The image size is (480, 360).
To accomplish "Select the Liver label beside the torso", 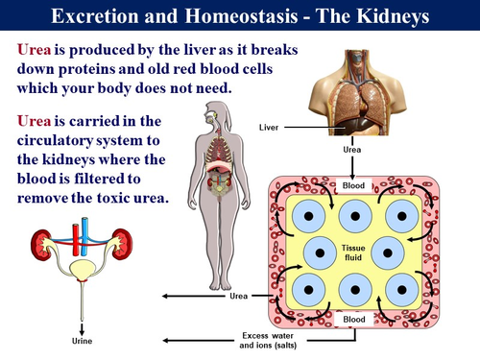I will [x=272, y=126].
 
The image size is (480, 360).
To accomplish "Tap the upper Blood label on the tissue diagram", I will [x=354, y=184].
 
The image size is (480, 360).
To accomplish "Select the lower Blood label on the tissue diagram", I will [x=354, y=317].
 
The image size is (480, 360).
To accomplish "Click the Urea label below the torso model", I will [x=352, y=151].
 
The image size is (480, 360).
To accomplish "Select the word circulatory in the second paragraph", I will [x=61, y=142].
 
